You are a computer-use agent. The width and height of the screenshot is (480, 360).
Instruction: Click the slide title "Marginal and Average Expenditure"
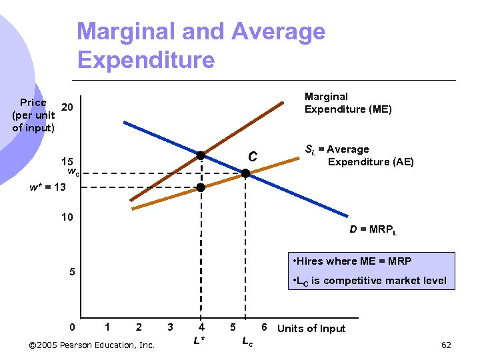point(201,45)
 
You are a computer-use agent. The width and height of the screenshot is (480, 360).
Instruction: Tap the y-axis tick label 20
point(67,107)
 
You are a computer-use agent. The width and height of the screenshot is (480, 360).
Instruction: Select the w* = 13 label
point(48,187)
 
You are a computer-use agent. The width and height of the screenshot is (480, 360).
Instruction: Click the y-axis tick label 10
point(67,217)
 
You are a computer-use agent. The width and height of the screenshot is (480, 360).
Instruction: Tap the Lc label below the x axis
point(246,341)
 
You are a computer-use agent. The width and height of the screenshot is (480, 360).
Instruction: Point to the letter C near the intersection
point(253,157)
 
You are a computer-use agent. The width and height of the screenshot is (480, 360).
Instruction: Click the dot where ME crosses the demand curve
point(201,156)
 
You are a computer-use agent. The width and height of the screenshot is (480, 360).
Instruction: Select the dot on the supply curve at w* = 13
point(201,188)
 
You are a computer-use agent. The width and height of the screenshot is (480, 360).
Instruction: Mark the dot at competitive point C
point(245,173)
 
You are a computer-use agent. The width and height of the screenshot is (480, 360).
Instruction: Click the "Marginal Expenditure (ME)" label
point(347,103)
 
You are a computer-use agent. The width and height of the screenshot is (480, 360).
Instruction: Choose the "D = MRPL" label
point(373,230)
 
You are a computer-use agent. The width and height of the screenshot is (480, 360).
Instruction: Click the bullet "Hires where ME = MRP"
point(353,261)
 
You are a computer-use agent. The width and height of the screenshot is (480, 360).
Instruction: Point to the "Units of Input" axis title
point(311,328)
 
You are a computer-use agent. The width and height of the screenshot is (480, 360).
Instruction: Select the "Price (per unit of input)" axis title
point(33,115)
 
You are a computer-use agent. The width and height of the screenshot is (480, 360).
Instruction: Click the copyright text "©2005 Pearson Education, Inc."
point(92,345)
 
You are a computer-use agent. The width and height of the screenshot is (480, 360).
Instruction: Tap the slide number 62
point(446,345)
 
